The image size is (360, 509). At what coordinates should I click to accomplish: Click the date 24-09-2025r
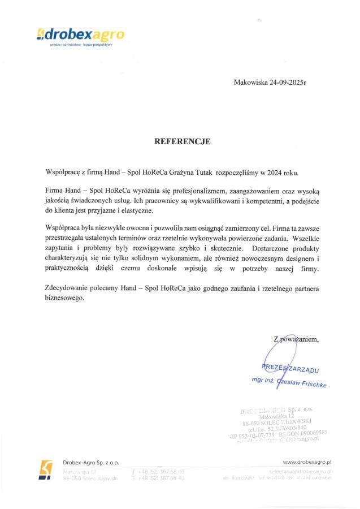point(290,83)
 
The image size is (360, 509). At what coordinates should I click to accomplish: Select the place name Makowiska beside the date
point(251,83)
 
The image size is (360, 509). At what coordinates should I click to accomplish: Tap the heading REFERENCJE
point(183,142)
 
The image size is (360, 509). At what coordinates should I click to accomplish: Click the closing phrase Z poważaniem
point(296,339)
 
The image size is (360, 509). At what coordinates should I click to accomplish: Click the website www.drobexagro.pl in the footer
point(306,461)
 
